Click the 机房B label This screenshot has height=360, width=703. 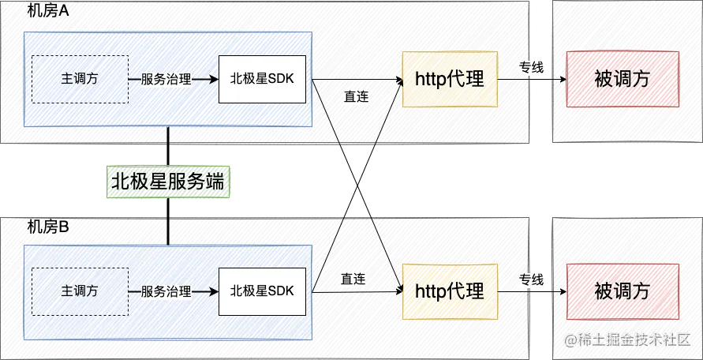click(48, 227)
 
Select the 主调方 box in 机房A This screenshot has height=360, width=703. click(79, 79)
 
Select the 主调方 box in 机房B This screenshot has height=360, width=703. click(79, 291)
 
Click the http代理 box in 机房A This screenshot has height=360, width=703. click(449, 79)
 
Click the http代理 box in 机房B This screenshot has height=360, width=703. click(449, 291)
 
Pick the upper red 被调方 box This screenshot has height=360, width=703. click(622, 79)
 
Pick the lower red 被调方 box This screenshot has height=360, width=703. click(622, 291)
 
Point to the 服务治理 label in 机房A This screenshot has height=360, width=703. click(166, 79)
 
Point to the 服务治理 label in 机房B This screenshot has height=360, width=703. click(166, 291)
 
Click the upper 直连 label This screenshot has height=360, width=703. click(356, 96)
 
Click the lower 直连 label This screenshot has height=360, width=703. click(353, 279)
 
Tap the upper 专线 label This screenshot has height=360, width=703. click(530, 68)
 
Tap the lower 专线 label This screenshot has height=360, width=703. click(530, 279)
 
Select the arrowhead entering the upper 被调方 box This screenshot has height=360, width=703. click(561, 80)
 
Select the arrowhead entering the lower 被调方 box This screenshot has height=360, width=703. click(561, 291)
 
